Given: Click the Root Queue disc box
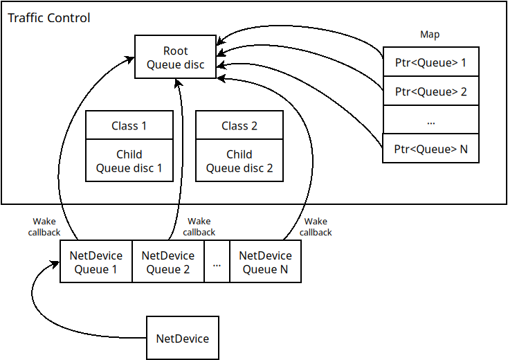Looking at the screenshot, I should [175, 57].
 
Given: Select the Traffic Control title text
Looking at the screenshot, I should [48, 17].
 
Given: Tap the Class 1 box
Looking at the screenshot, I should [129, 125].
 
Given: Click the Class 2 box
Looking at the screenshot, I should [239, 125].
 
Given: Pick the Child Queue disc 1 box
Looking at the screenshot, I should [129, 161].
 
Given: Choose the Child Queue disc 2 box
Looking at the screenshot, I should [239, 161].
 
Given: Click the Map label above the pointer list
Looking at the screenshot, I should [430, 35].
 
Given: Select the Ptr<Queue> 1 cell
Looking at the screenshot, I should [430, 62].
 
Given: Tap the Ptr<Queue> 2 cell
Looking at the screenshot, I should [430, 91].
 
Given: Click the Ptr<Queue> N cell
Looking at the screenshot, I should [430, 148].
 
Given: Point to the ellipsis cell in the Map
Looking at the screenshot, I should [430, 120].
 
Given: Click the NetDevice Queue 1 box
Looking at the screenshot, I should [96, 262].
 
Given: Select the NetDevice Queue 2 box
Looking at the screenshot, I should [167, 262].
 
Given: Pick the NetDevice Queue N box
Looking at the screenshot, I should [265, 262].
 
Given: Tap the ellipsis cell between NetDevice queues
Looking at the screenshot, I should [217, 262].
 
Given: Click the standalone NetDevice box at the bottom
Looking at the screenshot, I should [183, 339].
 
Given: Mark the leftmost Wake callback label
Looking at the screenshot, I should [44, 227].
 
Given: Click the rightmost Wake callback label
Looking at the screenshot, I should [316, 227].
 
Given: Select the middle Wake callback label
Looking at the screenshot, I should [199, 227].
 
